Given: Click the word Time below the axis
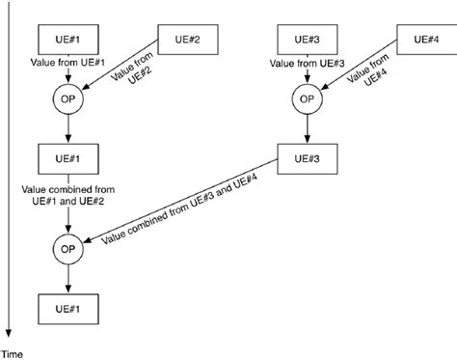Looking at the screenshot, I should tap(12, 353).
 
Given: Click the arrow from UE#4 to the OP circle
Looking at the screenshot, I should tap(362, 69).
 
